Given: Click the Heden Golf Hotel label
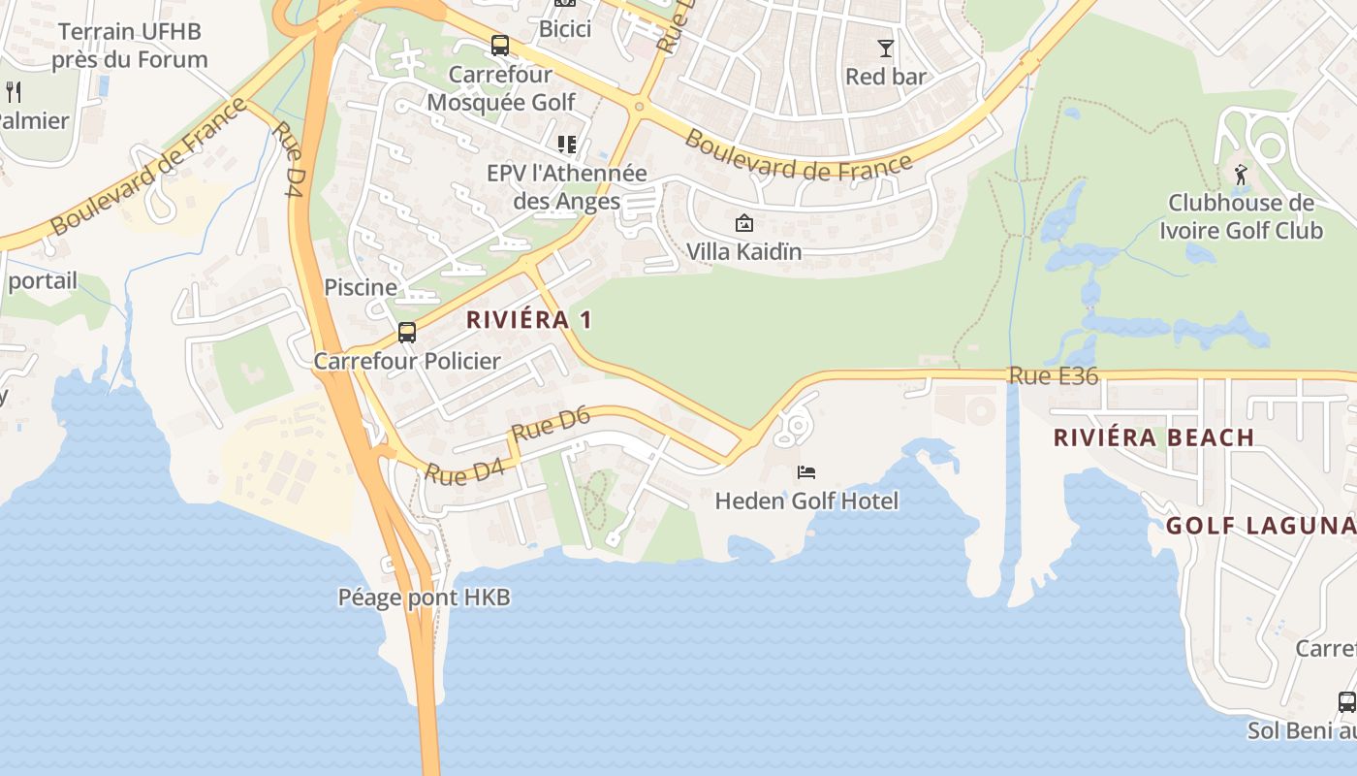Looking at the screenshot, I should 806,501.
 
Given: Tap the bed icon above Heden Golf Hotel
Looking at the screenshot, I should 806,472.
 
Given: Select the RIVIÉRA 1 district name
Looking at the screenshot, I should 529,319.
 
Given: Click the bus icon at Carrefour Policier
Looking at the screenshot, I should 407,333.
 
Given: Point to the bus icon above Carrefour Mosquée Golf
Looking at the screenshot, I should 500,46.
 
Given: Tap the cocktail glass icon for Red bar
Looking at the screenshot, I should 885,48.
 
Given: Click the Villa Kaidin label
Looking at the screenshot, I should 744,251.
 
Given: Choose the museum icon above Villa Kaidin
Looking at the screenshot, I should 743,223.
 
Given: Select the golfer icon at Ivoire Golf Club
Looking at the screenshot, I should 1241,175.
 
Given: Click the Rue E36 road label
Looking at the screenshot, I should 1054,375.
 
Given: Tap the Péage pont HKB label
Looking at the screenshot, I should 424,598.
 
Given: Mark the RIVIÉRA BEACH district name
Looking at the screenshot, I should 1154,437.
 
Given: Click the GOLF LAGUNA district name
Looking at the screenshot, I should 1260,526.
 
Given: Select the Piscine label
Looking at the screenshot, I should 361,287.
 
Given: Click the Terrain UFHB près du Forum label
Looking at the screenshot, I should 130,45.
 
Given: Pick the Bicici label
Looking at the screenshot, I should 565,29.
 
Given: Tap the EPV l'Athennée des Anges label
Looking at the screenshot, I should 567,187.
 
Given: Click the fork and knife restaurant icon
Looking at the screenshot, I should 14,92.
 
